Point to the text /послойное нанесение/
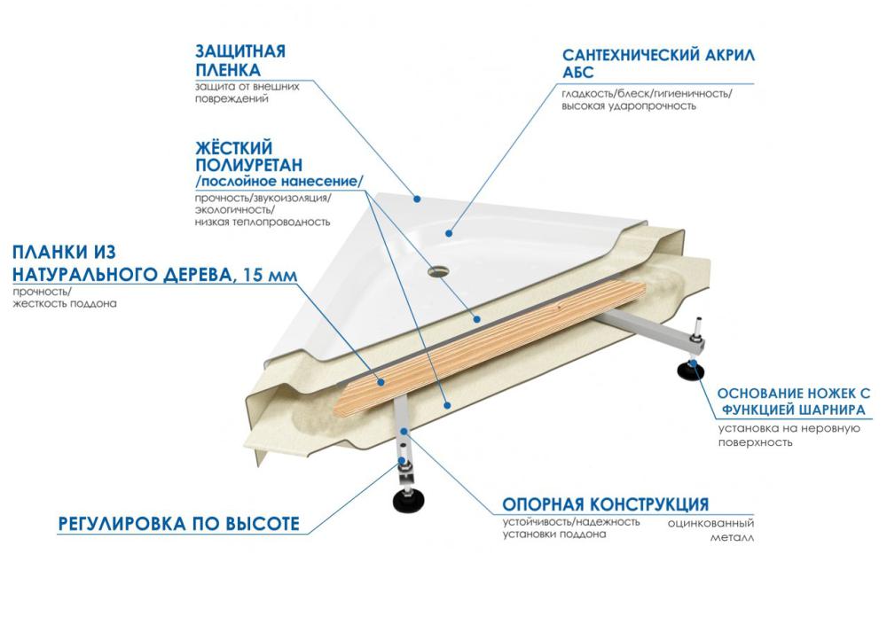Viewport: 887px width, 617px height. pos(279,182)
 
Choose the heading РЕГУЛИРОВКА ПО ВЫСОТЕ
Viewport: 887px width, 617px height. pos(177,523)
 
